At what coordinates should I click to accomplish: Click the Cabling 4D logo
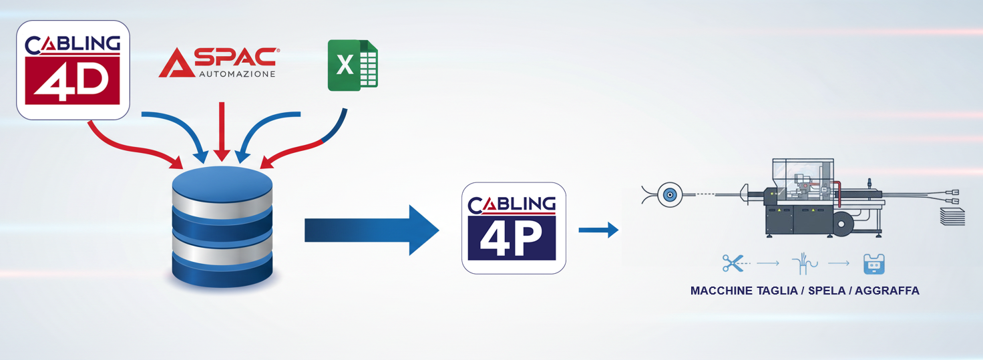(73, 70)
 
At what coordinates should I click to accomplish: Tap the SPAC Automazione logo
(218, 62)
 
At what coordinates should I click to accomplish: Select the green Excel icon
(353, 65)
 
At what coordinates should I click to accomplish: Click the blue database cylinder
(222, 227)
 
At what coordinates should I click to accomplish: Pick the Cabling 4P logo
(514, 228)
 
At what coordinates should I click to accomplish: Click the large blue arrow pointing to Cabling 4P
(372, 230)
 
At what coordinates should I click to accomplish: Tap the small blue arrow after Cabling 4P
(598, 230)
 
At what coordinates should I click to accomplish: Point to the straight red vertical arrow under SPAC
(222, 132)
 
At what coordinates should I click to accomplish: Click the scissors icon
(733, 263)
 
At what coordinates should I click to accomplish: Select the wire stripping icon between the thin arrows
(805, 263)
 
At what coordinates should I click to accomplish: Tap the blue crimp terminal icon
(873, 264)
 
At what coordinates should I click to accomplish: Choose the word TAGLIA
(777, 291)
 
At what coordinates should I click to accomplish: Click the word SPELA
(827, 291)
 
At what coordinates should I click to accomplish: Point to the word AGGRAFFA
(887, 291)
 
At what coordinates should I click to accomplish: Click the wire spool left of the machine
(670, 194)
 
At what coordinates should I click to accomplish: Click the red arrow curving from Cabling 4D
(132, 147)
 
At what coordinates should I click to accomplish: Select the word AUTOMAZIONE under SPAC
(238, 74)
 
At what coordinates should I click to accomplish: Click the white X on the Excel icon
(345, 65)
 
